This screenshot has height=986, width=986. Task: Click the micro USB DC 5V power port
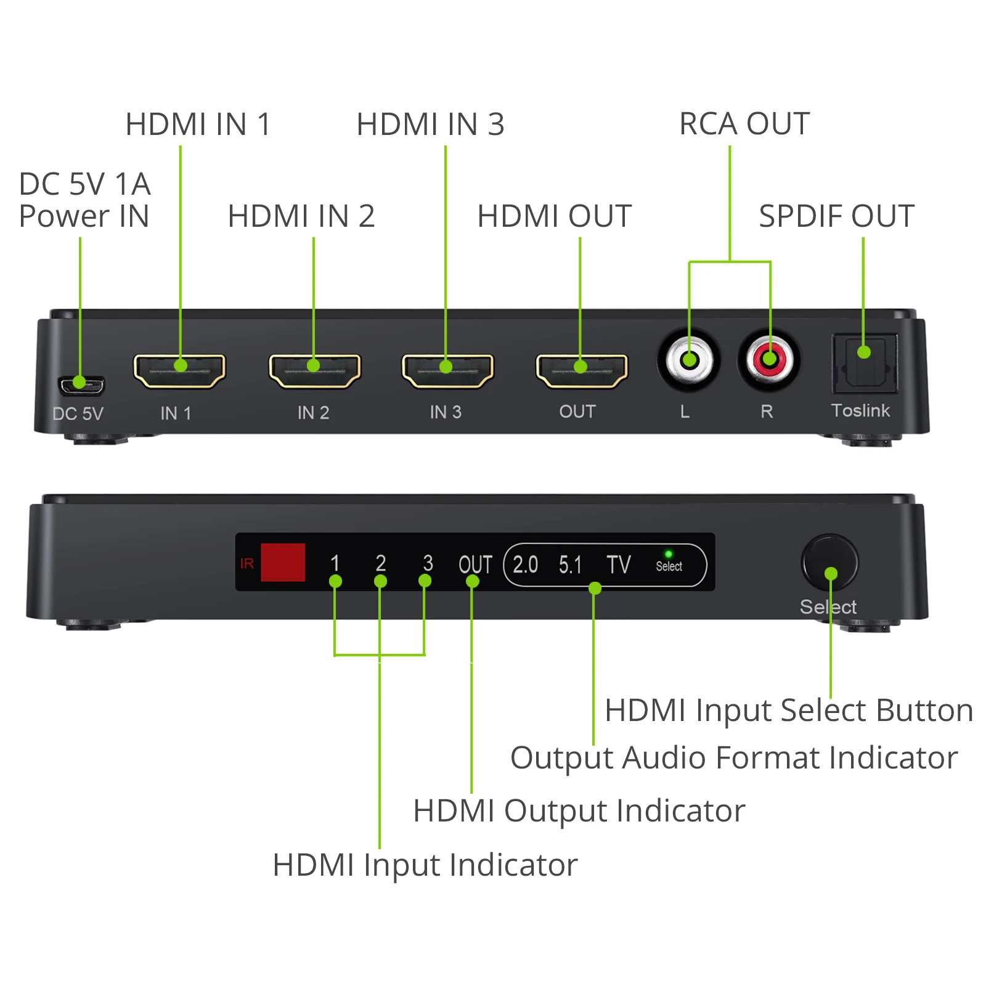pos(81,386)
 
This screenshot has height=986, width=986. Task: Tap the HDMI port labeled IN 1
pos(179,371)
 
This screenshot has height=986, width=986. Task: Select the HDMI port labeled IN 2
pos(314,371)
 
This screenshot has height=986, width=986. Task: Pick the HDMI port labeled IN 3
pos(447,371)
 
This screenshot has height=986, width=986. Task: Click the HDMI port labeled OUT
pos(581,371)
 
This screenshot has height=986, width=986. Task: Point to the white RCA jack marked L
pos(689,361)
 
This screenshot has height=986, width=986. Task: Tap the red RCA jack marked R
pos(769,359)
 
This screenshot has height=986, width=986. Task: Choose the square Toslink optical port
pos(864,364)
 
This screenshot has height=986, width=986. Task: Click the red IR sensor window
pos(283,562)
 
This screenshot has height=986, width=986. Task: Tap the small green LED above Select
pos(669,554)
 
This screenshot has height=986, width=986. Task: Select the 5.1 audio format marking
pos(570,564)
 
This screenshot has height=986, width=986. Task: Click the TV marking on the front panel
pos(618,564)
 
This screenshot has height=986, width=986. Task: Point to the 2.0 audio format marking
pos(525,564)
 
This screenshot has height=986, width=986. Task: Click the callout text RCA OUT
pos(744,124)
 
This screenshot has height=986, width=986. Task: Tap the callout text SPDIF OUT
pos(836,216)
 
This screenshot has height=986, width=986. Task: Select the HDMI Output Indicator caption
pos(579,810)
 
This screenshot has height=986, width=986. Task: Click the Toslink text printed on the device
pos(860,410)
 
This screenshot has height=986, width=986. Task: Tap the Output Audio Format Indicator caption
pos(733,757)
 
